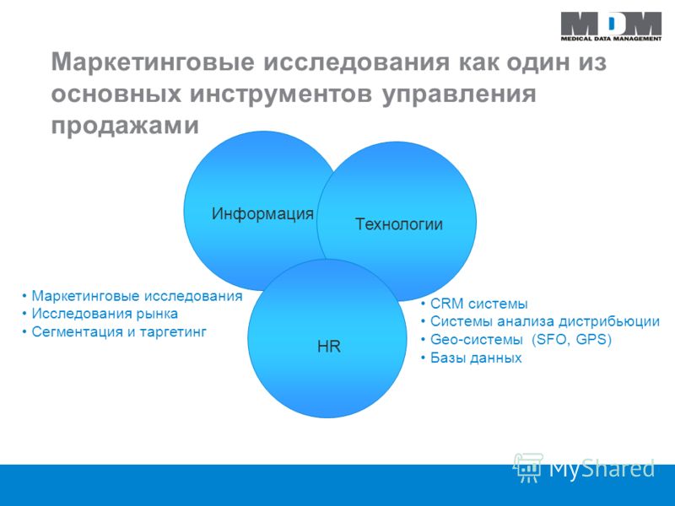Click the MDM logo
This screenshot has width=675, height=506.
pyautogui.click(x=611, y=27)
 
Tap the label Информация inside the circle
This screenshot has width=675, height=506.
pyautogui.click(x=262, y=214)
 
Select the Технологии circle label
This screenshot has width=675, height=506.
pyautogui.click(x=399, y=224)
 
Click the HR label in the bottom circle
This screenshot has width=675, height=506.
pyautogui.click(x=329, y=347)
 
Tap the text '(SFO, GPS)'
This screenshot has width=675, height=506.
pyautogui.click(x=572, y=340)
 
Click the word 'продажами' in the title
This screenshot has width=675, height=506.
pyautogui.click(x=125, y=126)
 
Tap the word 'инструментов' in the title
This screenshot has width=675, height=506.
pyautogui.click(x=281, y=94)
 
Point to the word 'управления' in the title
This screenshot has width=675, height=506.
pyautogui.click(x=459, y=94)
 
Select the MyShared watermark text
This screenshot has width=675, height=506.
pyautogui.click(x=602, y=468)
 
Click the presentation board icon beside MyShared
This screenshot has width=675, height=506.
pyautogui.click(x=528, y=467)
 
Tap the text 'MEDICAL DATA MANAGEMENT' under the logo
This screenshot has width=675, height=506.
pyautogui.click(x=611, y=39)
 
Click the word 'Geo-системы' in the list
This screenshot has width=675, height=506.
pyautogui.click(x=477, y=340)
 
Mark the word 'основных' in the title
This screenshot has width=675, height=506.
pyautogui.click(x=116, y=94)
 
